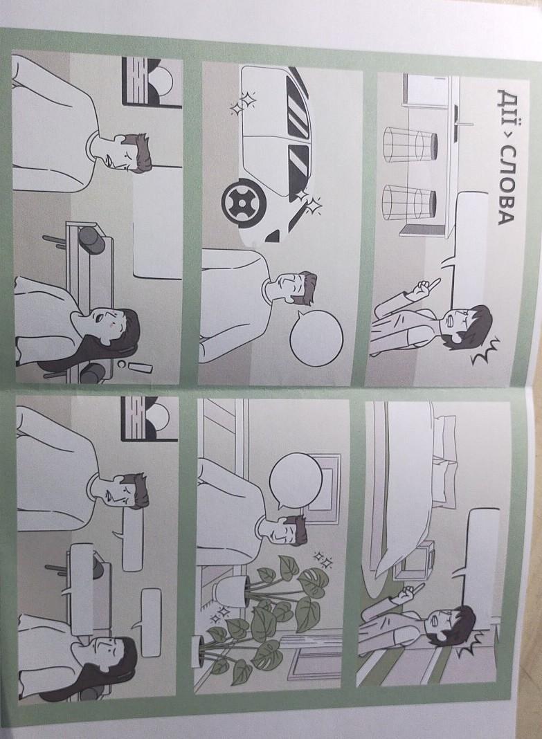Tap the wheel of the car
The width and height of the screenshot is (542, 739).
[x=243, y=203]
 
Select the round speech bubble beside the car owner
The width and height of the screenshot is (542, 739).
[x=315, y=338]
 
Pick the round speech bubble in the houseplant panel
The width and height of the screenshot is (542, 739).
[x=296, y=481]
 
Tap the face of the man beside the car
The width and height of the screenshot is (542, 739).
[x=285, y=289]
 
